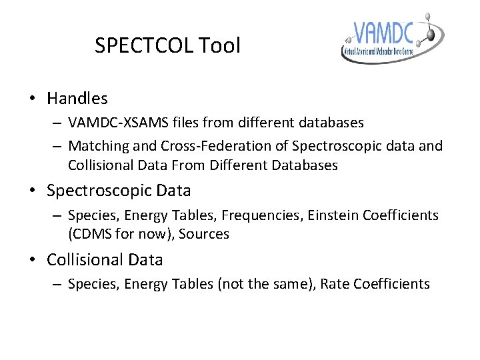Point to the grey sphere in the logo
[430, 31]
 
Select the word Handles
[77, 99]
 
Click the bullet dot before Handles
[32, 99]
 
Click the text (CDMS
[90, 234]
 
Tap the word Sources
[205, 234]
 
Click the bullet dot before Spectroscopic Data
[32, 191]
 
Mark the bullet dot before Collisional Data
[32, 259]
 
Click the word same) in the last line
[294, 284]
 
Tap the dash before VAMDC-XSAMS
[56, 123]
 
